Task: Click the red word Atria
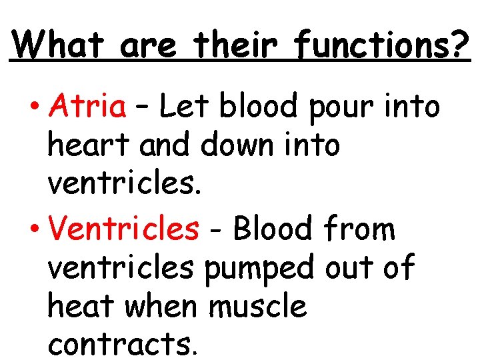tap(88, 105)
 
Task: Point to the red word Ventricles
tap(124, 229)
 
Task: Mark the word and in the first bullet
tap(165, 145)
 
